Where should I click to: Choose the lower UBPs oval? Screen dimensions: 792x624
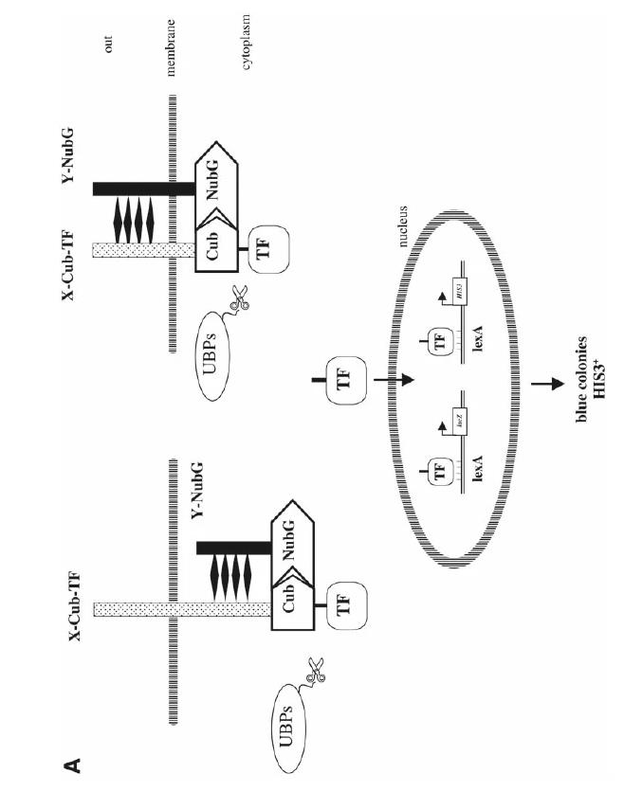[x=303, y=701]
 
